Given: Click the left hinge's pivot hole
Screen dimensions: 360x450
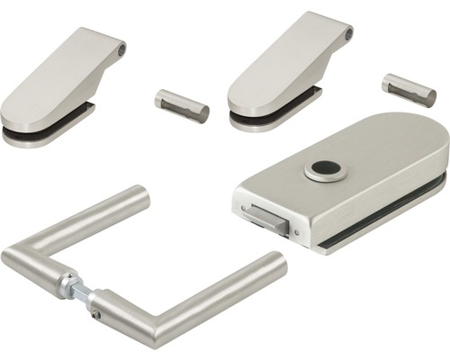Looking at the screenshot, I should click(121, 48).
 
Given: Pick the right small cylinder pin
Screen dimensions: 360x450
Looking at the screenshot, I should click(409, 90).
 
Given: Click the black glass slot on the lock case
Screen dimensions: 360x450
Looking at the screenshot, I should click(396, 202).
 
